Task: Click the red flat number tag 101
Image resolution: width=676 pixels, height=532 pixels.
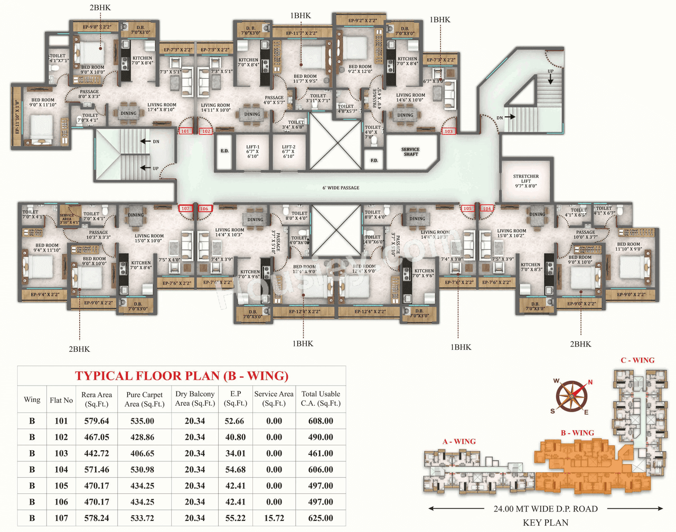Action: click(x=185, y=131)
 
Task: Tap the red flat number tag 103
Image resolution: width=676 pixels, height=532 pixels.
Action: click(x=448, y=131)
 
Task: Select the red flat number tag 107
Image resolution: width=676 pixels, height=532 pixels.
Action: click(x=185, y=209)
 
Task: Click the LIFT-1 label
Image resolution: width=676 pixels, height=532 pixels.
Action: click(x=252, y=152)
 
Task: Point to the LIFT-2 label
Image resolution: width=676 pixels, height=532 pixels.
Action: click(x=288, y=152)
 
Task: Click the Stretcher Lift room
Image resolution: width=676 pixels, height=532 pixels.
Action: click(x=525, y=181)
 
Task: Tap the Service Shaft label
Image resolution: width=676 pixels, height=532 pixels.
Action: click(x=410, y=152)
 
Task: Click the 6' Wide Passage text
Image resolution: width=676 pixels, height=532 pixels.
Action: click(x=341, y=188)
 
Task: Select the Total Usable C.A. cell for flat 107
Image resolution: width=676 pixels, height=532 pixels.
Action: click(x=321, y=518)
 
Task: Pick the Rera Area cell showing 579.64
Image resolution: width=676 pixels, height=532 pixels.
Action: click(x=97, y=421)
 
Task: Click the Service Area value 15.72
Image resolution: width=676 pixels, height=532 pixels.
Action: click(x=274, y=518)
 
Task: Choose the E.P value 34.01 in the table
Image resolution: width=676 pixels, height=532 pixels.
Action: click(x=235, y=453)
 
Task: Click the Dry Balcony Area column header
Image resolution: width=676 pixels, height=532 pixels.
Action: click(x=195, y=399)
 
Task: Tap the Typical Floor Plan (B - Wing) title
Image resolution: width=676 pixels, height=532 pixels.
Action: click(x=182, y=376)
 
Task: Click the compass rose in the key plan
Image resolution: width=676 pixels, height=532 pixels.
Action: click(x=571, y=396)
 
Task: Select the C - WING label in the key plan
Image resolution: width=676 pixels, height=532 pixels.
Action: click(x=637, y=360)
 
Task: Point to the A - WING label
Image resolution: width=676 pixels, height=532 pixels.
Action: click(x=459, y=442)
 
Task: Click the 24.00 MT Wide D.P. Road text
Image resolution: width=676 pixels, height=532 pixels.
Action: click(x=546, y=509)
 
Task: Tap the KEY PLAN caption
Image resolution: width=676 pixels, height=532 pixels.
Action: click(x=546, y=522)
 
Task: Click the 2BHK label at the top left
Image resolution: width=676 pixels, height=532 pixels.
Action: click(x=100, y=8)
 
